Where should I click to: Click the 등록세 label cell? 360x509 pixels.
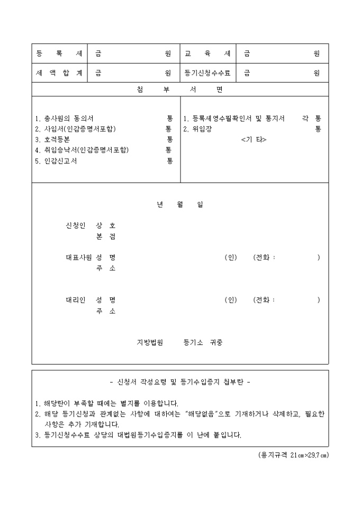point(59,54)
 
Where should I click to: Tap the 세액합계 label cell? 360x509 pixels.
point(59,74)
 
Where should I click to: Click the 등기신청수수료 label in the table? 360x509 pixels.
point(208,74)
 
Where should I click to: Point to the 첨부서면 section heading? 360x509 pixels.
point(179,89)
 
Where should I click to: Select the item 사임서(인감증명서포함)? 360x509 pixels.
point(75,129)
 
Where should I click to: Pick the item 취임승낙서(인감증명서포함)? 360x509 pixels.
point(82,150)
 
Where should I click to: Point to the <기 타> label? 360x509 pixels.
point(254,140)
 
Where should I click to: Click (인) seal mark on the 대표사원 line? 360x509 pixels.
point(230,258)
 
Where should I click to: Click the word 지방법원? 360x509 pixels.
point(150,342)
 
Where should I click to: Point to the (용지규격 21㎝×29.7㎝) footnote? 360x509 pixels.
point(290,455)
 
